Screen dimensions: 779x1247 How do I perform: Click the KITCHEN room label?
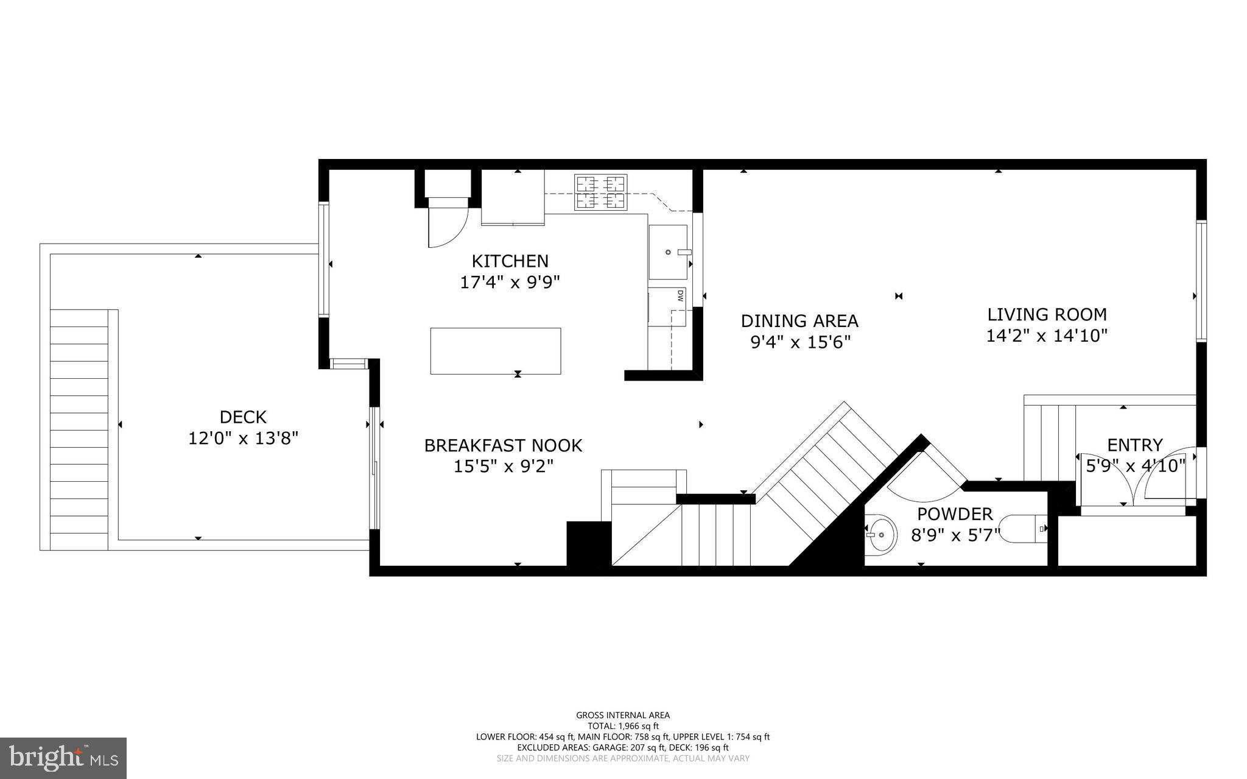[x=510, y=261]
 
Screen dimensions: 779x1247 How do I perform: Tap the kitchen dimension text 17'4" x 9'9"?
[x=510, y=283]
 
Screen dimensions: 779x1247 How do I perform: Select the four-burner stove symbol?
[x=601, y=192]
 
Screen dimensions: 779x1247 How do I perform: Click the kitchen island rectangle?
[x=495, y=351]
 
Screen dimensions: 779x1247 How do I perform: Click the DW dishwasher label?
[x=680, y=297]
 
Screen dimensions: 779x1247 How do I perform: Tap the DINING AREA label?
[x=799, y=320]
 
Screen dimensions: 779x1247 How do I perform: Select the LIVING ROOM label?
[x=1046, y=315]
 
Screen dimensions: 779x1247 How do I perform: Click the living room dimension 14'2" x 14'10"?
[x=1046, y=336]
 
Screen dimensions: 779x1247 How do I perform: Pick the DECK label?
[x=243, y=417]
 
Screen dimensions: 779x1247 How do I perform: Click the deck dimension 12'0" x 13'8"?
[x=243, y=439]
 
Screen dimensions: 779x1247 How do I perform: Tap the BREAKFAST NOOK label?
[x=503, y=446]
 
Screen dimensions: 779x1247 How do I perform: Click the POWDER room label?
[x=955, y=514]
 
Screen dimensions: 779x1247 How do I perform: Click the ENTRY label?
[x=1134, y=445]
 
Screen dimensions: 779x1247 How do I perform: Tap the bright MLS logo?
[x=63, y=758]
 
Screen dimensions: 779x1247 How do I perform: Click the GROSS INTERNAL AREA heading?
[x=622, y=715]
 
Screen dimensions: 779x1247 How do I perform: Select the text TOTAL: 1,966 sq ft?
[x=622, y=726]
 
